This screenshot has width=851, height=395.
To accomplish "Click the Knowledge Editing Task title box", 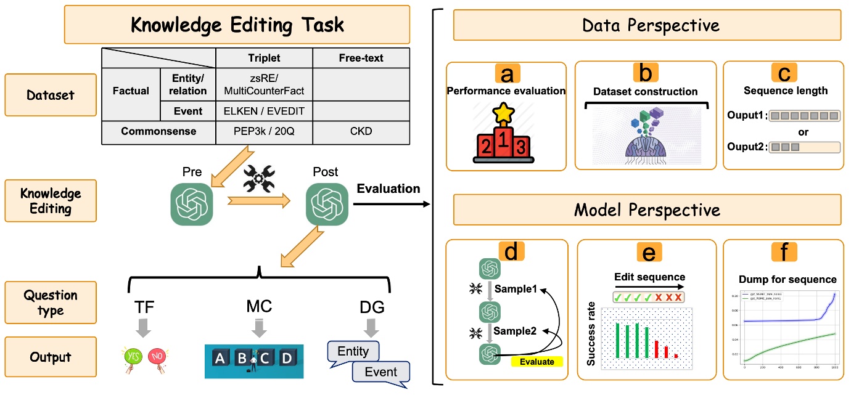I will tap(237, 25).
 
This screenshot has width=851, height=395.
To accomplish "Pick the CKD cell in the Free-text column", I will tap(361, 131).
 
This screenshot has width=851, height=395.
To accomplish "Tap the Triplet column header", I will tap(264, 58).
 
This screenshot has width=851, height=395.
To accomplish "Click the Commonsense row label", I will tap(158, 131).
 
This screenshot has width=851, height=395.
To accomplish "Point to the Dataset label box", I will tap(51, 95).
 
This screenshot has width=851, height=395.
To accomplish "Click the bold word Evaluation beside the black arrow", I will tap(388, 189).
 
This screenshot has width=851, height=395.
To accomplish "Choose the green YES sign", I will tap(133, 357).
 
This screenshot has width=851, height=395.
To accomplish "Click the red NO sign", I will tap(158, 357).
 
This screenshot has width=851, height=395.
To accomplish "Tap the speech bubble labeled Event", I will tap(380, 372).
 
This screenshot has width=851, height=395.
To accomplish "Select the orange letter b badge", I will tap(644, 73).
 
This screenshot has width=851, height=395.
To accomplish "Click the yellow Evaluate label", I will tap(536, 362).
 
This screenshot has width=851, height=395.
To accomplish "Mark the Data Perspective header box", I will tap(651, 25).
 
